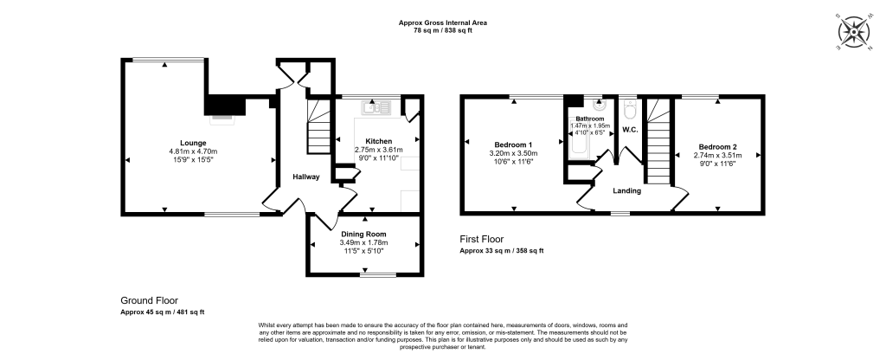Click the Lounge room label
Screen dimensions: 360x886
pyautogui.click(x=193, y=143)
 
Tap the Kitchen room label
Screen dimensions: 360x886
pyautogui.click(x=378, y=141)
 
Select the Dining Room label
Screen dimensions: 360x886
pyautogui.click(x=363, y=234)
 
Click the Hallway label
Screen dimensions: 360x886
pyautogui.click(x=305, y=177)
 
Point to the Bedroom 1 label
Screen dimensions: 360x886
pyautogui.click(x=513, y=145)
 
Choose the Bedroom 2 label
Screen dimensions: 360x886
pyautogui.click(x=717, y=146)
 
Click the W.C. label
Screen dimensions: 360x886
pyautogui.click(x=629, y=130)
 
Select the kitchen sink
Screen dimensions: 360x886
pyautogui.click(x=378, y=107)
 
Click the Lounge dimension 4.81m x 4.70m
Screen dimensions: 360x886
pyautogui.click(x=193, y=152)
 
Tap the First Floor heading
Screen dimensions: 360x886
pyautogui.click(x=481, y=240)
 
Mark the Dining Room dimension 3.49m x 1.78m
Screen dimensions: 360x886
pyautogui.click(x=363, y=243)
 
